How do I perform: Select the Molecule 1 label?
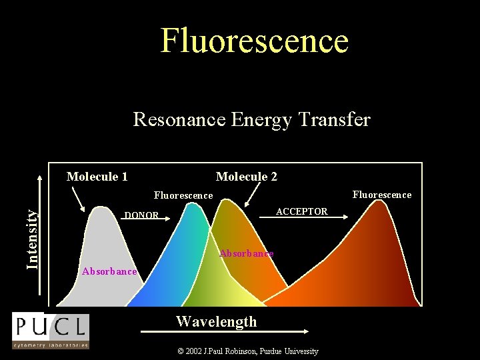click(x=97, y=177)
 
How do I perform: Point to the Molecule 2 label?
click(x=247, y=177)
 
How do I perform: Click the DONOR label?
click(x=141, y=215)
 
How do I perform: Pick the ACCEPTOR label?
click(x=302, y=211)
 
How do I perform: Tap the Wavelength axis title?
click(x=216, y=321)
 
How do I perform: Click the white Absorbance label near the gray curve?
click(x=109, y=271)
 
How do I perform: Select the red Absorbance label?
click(x=246, y=253)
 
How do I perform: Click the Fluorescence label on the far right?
click(x=382, y=195)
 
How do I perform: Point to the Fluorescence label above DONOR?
click(x=183, y=195)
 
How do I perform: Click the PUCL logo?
click(x=50, y=330)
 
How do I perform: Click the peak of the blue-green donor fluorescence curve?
click(x=193, y=205)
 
